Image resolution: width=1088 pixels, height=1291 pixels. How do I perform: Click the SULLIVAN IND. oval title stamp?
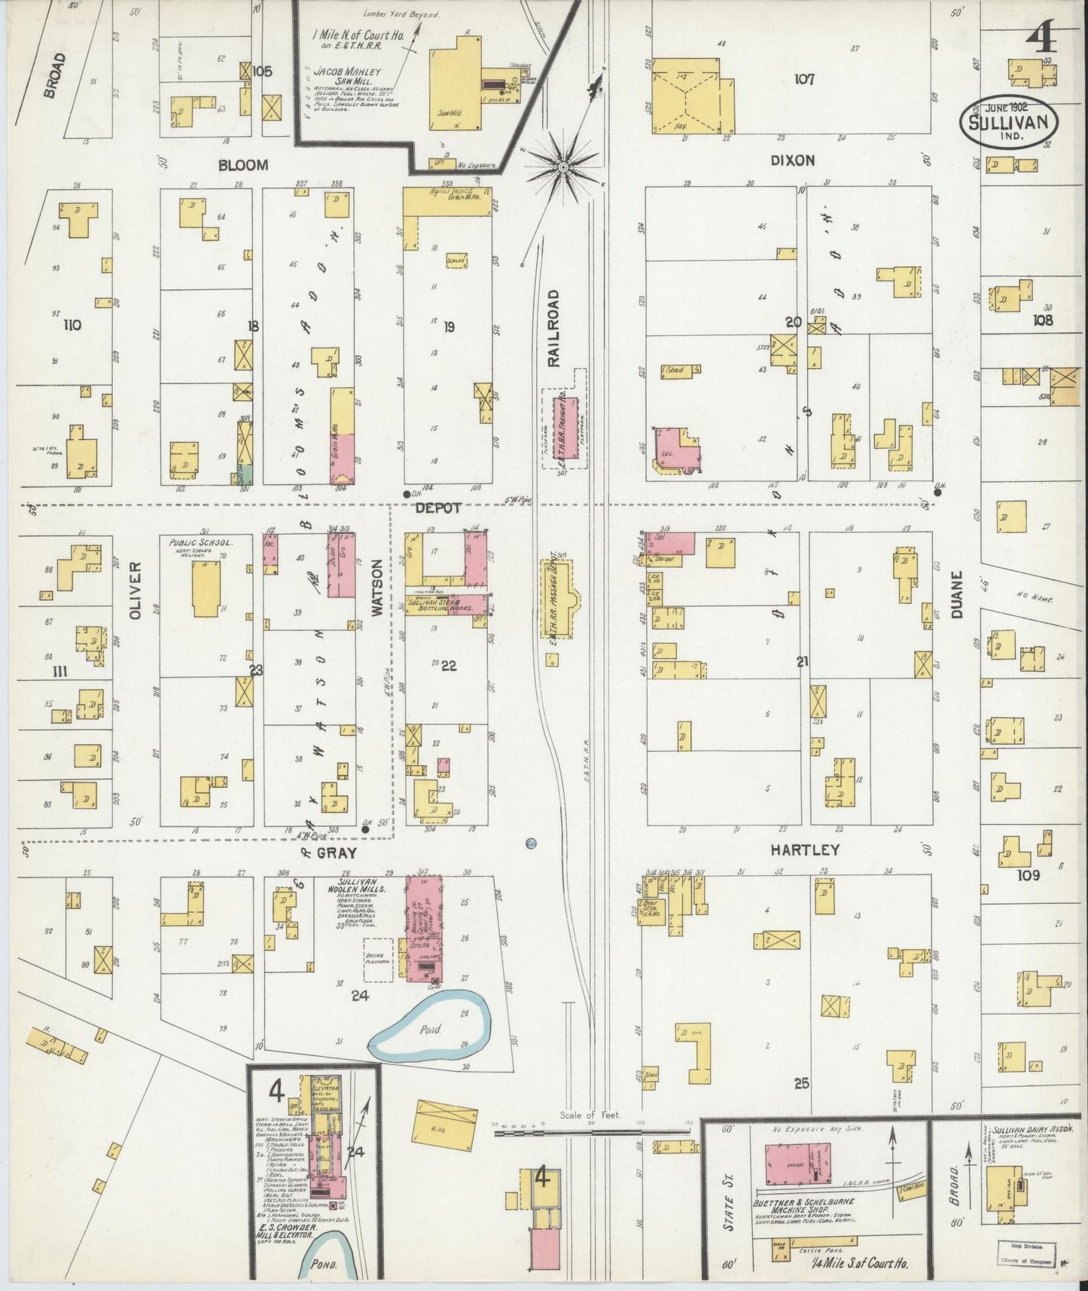[x=1008, y=118]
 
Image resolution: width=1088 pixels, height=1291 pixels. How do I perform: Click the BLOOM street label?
[x=243, y=164]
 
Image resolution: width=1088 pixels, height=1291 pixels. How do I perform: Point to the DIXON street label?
[x=792, y=160]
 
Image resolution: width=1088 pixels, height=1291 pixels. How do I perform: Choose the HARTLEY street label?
[x=804, y=850]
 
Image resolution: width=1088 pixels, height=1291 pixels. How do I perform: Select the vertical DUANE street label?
[x=956, y=595]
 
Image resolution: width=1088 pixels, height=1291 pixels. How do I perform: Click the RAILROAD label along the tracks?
[x=554, y=328]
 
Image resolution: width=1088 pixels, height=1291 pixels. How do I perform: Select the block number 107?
[x=804, y=78]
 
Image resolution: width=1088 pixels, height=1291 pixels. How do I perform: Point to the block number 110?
[x=72, y=325]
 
